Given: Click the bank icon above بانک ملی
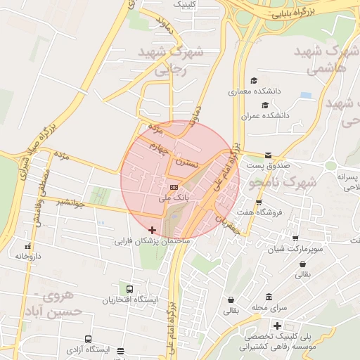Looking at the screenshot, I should [174, 187].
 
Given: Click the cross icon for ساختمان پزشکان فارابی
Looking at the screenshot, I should [153, 230].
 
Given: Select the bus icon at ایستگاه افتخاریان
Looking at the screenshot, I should [129, 289].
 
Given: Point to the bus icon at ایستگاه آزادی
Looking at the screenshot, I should [88, 339].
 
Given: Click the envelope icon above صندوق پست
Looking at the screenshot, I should [267, 155].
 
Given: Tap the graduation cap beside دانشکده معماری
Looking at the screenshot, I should [253, 80].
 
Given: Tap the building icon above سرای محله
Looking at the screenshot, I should [269, 297].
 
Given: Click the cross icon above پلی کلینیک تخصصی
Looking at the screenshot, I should [278, 326].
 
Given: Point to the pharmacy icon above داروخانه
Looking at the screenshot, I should [28, 247].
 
